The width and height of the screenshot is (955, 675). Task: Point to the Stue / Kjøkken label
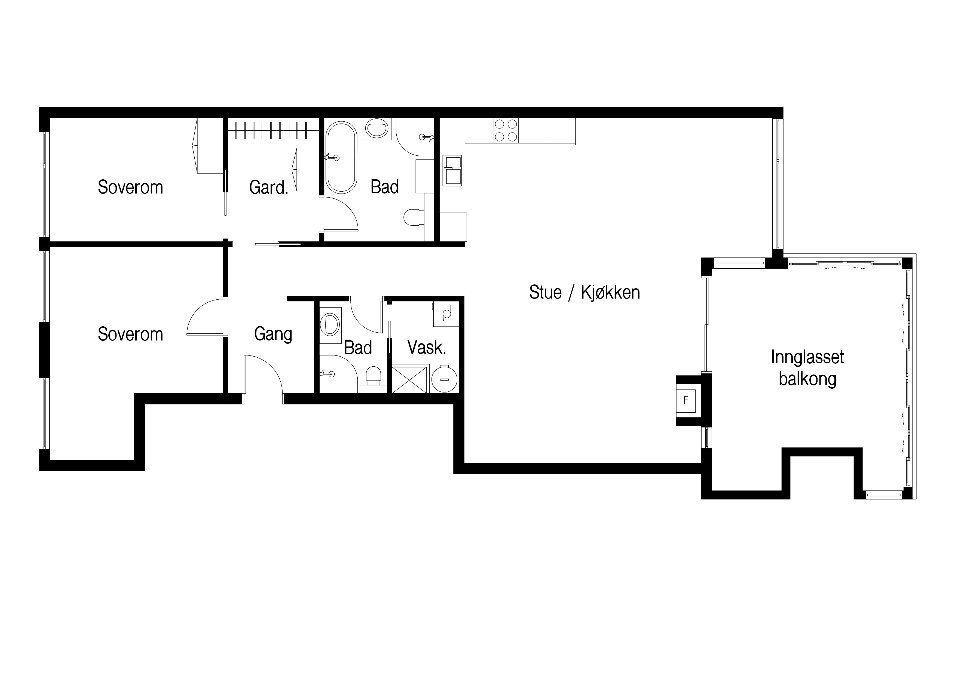pos(584,292)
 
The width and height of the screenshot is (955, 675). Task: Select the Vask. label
pos(427,347)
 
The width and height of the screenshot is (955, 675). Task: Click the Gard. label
pos(269,187)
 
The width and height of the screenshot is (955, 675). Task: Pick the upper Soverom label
pos(130,187)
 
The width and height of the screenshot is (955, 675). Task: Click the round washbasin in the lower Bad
pos(331,324)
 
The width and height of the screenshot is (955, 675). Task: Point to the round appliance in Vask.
pos(444,379)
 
